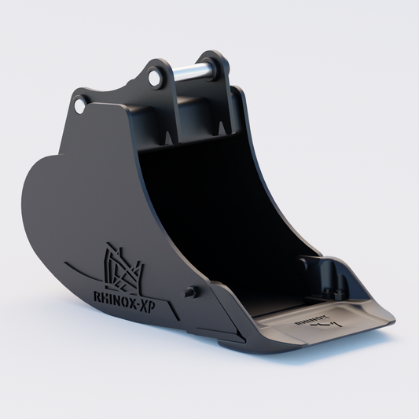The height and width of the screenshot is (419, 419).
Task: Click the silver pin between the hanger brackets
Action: [188, 72]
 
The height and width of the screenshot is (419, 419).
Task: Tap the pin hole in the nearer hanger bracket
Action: [154, 77]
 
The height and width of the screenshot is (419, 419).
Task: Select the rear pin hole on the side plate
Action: [79, 104]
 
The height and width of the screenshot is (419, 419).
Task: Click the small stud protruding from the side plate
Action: [189, 292]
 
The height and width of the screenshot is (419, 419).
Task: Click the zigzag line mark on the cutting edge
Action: [330, 322]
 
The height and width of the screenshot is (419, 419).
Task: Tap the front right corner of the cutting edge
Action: [391, 321]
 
